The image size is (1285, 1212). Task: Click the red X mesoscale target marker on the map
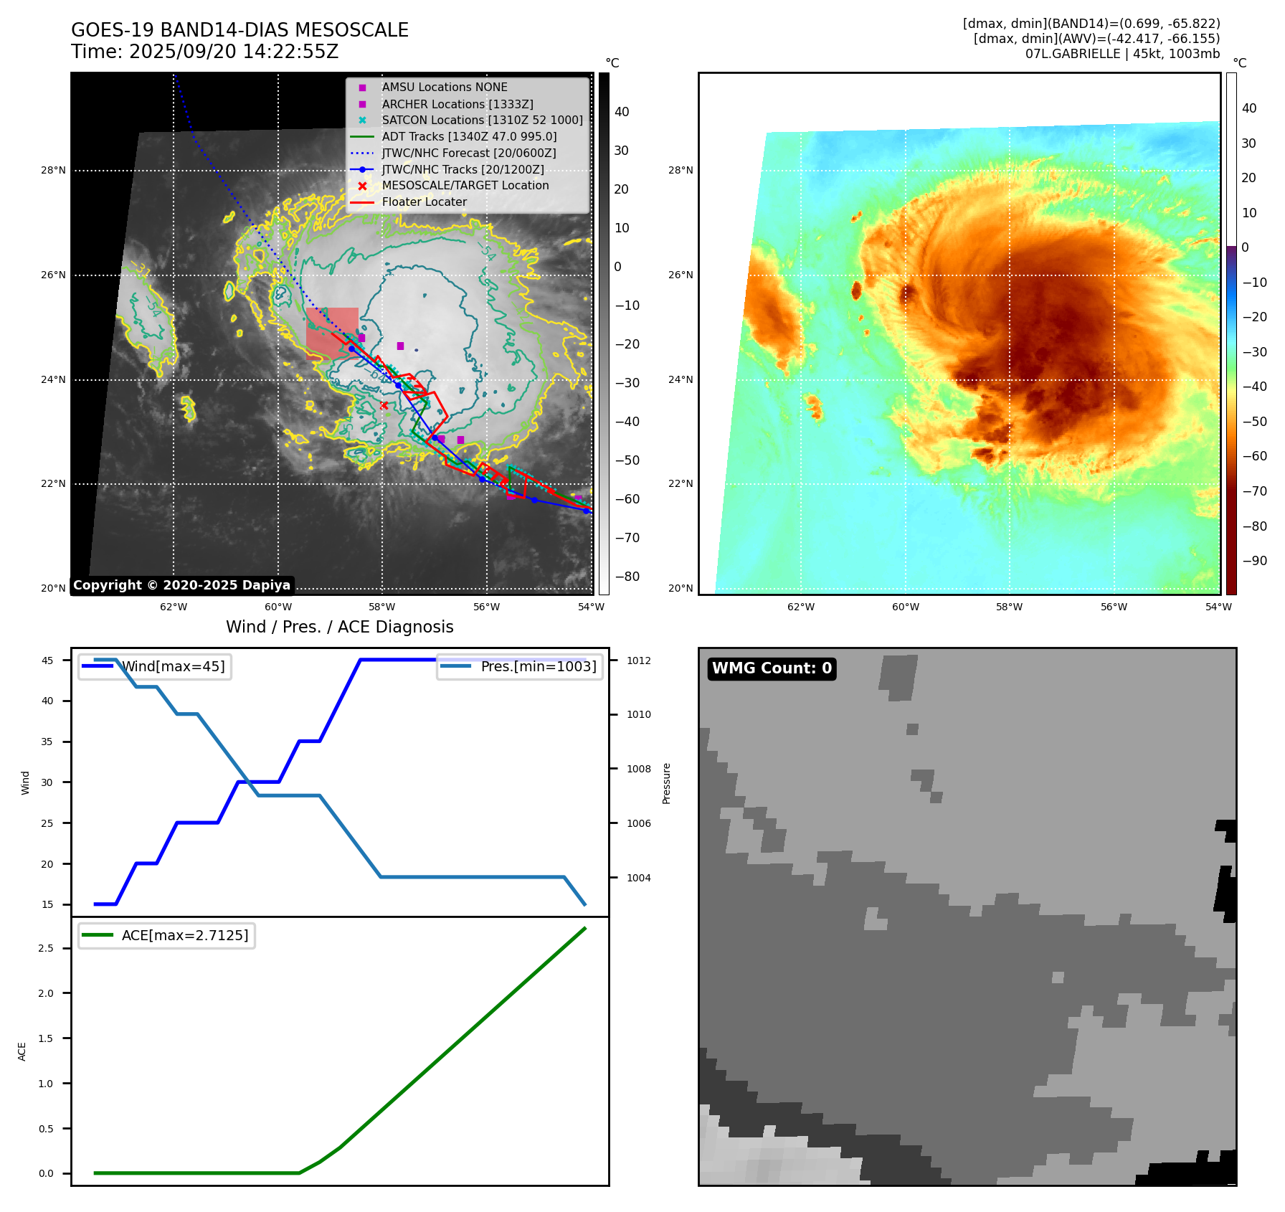click(384, 406)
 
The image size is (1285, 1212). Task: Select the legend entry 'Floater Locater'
click(424, 202)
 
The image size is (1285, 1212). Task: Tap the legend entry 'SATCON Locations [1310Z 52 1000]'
click(482, 120)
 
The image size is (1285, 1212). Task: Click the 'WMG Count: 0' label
click(772, 668)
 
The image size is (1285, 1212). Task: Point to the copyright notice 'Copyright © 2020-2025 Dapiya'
click(181, 585)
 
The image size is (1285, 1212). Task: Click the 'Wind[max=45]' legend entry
click(173, 667)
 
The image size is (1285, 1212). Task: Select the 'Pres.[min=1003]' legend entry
click(538, 667)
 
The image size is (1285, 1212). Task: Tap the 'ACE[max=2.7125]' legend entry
click(184, 936)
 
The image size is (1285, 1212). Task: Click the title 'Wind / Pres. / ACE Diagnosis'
click(340, 628)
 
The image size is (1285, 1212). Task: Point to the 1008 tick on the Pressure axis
click(638, 769)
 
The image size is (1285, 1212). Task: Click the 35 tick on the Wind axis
click(47, 742)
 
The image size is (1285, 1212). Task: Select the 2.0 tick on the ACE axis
click(46, 993)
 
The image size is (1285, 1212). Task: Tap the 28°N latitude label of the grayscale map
click(53, 171)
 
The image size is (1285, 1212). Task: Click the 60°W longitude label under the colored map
click(905, 607)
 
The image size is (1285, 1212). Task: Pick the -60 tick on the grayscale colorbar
click(627, 499)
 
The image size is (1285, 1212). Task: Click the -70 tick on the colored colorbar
click(1254, 491)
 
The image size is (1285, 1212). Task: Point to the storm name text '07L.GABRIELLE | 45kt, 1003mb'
click(1122, 54)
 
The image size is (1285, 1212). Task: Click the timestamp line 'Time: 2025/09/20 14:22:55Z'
click(204, 52)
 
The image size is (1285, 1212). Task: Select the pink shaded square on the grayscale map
click(332, 332)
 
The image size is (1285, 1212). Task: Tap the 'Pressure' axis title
click(667, 783)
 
